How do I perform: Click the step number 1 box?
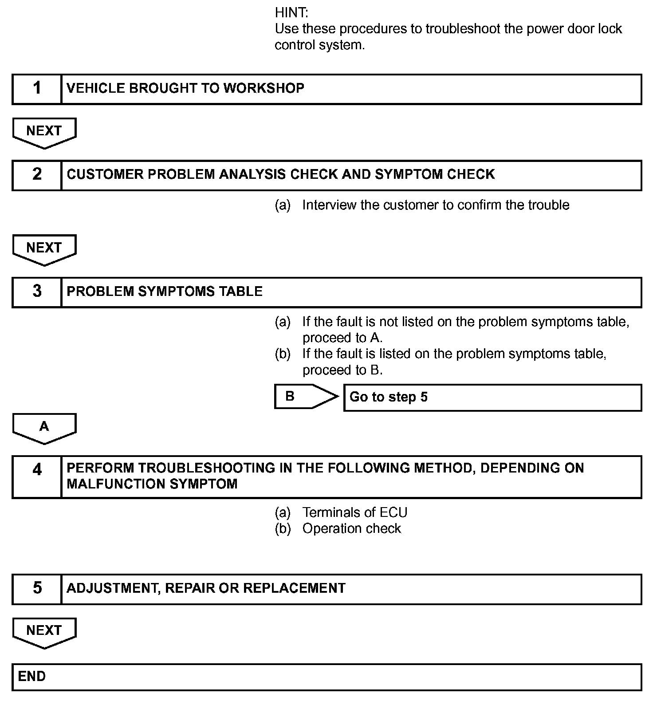click(x=37, y=89)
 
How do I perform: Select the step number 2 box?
click(x=37, y=175)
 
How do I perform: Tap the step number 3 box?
click(x=37, y=292)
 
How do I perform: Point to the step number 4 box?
click(x=37, y=477)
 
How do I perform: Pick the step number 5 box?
click(x=37, y=589)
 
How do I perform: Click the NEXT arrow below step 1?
click(x=44, y=132)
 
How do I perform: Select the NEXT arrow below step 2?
click(x=44, y=249)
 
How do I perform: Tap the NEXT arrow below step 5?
click(x=44, y=632)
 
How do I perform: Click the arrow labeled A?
click(x=44, y=428)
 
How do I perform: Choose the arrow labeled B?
click(x=305, y=396)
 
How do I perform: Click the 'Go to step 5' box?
click(x=492, y=397)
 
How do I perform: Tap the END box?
click(x=326, y=677)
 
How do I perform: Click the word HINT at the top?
click(x=291, y=12)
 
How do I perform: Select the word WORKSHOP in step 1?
click(x=264, y=88)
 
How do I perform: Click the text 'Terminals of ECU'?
click(x=354, y=512)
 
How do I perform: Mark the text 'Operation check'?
click(x=351, y=528)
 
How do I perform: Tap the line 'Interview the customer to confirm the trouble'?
click(x=435, y=205)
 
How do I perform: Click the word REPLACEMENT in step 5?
click(x=294, y=588)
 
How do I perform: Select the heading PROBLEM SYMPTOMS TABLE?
click(x=165, y=291)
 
